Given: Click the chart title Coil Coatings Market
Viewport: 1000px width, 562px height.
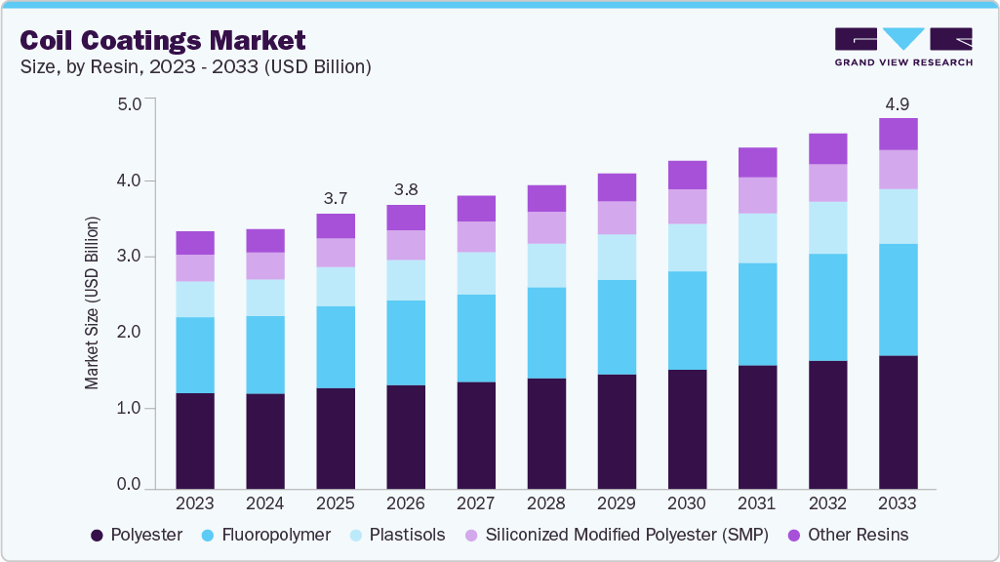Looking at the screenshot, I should [x=163, y=40].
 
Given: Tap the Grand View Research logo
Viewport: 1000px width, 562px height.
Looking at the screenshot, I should [x=902, y=46].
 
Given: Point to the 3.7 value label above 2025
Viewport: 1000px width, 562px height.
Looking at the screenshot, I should [x=336, y=198].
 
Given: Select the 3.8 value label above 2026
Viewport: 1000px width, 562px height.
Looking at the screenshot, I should [x=406, y=189].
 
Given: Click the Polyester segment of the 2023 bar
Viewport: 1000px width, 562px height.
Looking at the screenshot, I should [x=195, y=440].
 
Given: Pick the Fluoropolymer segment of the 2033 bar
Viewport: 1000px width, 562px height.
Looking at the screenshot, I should [x=898, y=300].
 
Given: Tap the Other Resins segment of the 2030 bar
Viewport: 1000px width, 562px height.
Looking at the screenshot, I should [x=687, y=175].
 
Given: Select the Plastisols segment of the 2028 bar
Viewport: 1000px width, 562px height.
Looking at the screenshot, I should [x=546, y=265].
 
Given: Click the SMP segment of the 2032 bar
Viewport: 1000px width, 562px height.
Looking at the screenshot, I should [x=827, y=182].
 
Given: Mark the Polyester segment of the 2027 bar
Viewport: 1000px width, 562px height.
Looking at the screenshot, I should [x=476, y=434].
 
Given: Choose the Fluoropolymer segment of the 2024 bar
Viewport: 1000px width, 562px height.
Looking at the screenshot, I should [x=265, y=354].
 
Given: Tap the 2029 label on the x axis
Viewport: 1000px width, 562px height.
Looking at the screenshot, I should [x=617, y=504].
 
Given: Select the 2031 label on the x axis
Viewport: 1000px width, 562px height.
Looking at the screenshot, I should [x=757, y=504].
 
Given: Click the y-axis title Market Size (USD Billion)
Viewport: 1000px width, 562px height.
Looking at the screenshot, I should [x=93, y=302].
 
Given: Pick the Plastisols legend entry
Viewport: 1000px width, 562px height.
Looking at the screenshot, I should [x=398, y=535].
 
